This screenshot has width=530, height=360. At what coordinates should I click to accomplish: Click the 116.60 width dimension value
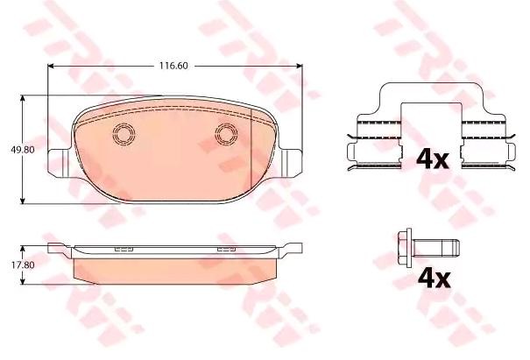pos(173,66)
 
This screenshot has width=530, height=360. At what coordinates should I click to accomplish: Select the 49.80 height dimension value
pos(23,150)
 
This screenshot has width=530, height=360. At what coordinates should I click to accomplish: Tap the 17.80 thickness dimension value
pos(23,265)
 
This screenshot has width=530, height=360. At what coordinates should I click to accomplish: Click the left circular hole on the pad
pos(124,134)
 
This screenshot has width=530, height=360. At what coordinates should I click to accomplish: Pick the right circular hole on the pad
pos(226,134)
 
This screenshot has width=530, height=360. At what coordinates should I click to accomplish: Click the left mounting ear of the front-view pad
pos(60,163)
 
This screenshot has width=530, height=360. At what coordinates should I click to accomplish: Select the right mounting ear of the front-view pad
pos(290,163)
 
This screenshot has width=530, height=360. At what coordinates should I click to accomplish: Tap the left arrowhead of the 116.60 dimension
pos(51,66)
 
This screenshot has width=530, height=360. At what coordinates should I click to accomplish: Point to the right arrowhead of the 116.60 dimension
pos(299,66)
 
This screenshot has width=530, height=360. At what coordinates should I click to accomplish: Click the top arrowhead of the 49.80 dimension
pos(23,98)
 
